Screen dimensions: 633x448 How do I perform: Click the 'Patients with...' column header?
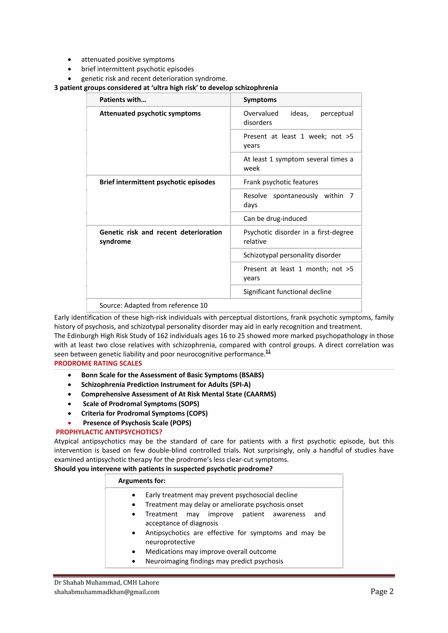[x=123, y=100]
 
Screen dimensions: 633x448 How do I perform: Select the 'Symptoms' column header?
[x=260, y=100]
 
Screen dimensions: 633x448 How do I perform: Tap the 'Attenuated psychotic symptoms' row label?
[x=150, y=114]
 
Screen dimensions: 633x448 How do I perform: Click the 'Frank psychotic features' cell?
[x=281, y=182]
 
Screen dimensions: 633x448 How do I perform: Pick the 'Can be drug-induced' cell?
[x=275, y=219]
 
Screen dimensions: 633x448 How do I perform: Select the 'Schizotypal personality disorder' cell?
[x=292, y=255]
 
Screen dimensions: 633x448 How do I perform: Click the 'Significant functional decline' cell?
[x=287, y=292]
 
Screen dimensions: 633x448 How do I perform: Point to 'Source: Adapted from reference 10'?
[x=153, y=306]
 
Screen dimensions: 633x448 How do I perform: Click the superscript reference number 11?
[x=268, y=351]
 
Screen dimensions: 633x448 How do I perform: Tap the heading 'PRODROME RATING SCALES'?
[x=98, y=363]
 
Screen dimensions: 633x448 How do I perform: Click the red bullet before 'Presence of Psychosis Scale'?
[x=70, y=423]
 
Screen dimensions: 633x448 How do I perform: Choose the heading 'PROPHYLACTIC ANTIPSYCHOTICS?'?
[x=109, y=432]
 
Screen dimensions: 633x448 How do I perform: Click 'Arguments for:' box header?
[x=142, y=481]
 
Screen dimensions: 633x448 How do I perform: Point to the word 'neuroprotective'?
[x=170, y=542]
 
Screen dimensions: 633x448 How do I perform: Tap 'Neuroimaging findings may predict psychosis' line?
[x=214, y=561]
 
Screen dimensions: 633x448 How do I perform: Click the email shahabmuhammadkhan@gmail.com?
[x=107, y=592]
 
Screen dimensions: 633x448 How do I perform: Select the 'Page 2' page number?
[x=382, y=591]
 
